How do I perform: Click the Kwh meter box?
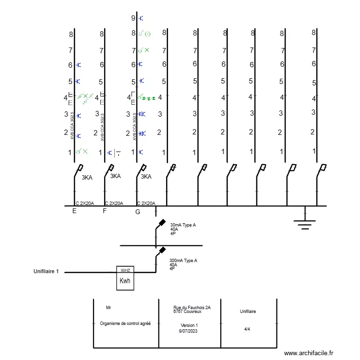pyautogui.click(x=125, y=280)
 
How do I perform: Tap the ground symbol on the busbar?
pyautogui.click(x=305, y=222)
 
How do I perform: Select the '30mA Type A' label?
pyautogui.click(x=183, y=225)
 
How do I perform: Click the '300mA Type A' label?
pyautogui.click(x=183, y=261)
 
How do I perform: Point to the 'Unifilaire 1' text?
pyautogui.click(x=46, y=272)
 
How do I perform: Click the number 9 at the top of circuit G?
pyautogui.click(x=133, y=18)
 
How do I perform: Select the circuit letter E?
pyautogui.click(x=74, y=211)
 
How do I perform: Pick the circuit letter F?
pyautogui.click(x=105, y=211)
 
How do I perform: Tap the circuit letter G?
pyautogui.click(x=138, y=211)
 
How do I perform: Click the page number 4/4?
pyautogui.click(x=247, y=329)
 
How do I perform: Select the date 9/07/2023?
pyautogui.click(x=188, y=331)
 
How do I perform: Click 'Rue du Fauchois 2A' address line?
pyautogui.click(x=192, y=307)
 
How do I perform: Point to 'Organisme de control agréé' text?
pyautogui.click(x=125, y=324)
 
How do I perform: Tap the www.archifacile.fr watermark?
pyautogui.click(x=309, y=353)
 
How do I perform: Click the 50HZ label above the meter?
pyautogui.click(x=125, y=270)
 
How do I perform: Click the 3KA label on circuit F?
pyautogui.click(x=115, y=176)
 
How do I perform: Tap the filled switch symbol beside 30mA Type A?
pyautogui.click(x=162, y=223)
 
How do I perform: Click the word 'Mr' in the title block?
pyautogui.click(x=108, y=307)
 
